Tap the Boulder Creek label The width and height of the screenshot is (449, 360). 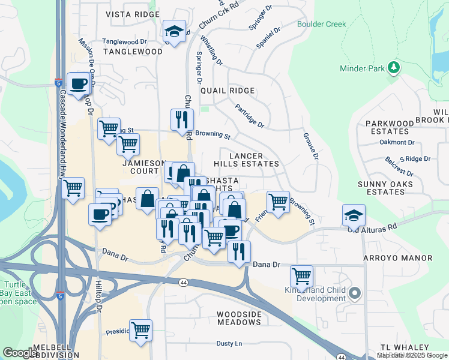(321, 24)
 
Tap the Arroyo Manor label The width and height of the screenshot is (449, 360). (397, 258)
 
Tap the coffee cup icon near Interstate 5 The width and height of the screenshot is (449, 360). (78, 84)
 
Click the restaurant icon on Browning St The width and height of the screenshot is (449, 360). (182, 119)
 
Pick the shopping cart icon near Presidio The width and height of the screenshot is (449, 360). (140, 330)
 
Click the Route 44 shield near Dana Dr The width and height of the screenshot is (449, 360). (182, 281)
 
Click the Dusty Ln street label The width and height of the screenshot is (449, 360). (229, 344)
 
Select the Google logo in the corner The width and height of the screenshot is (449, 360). (20, 353)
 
